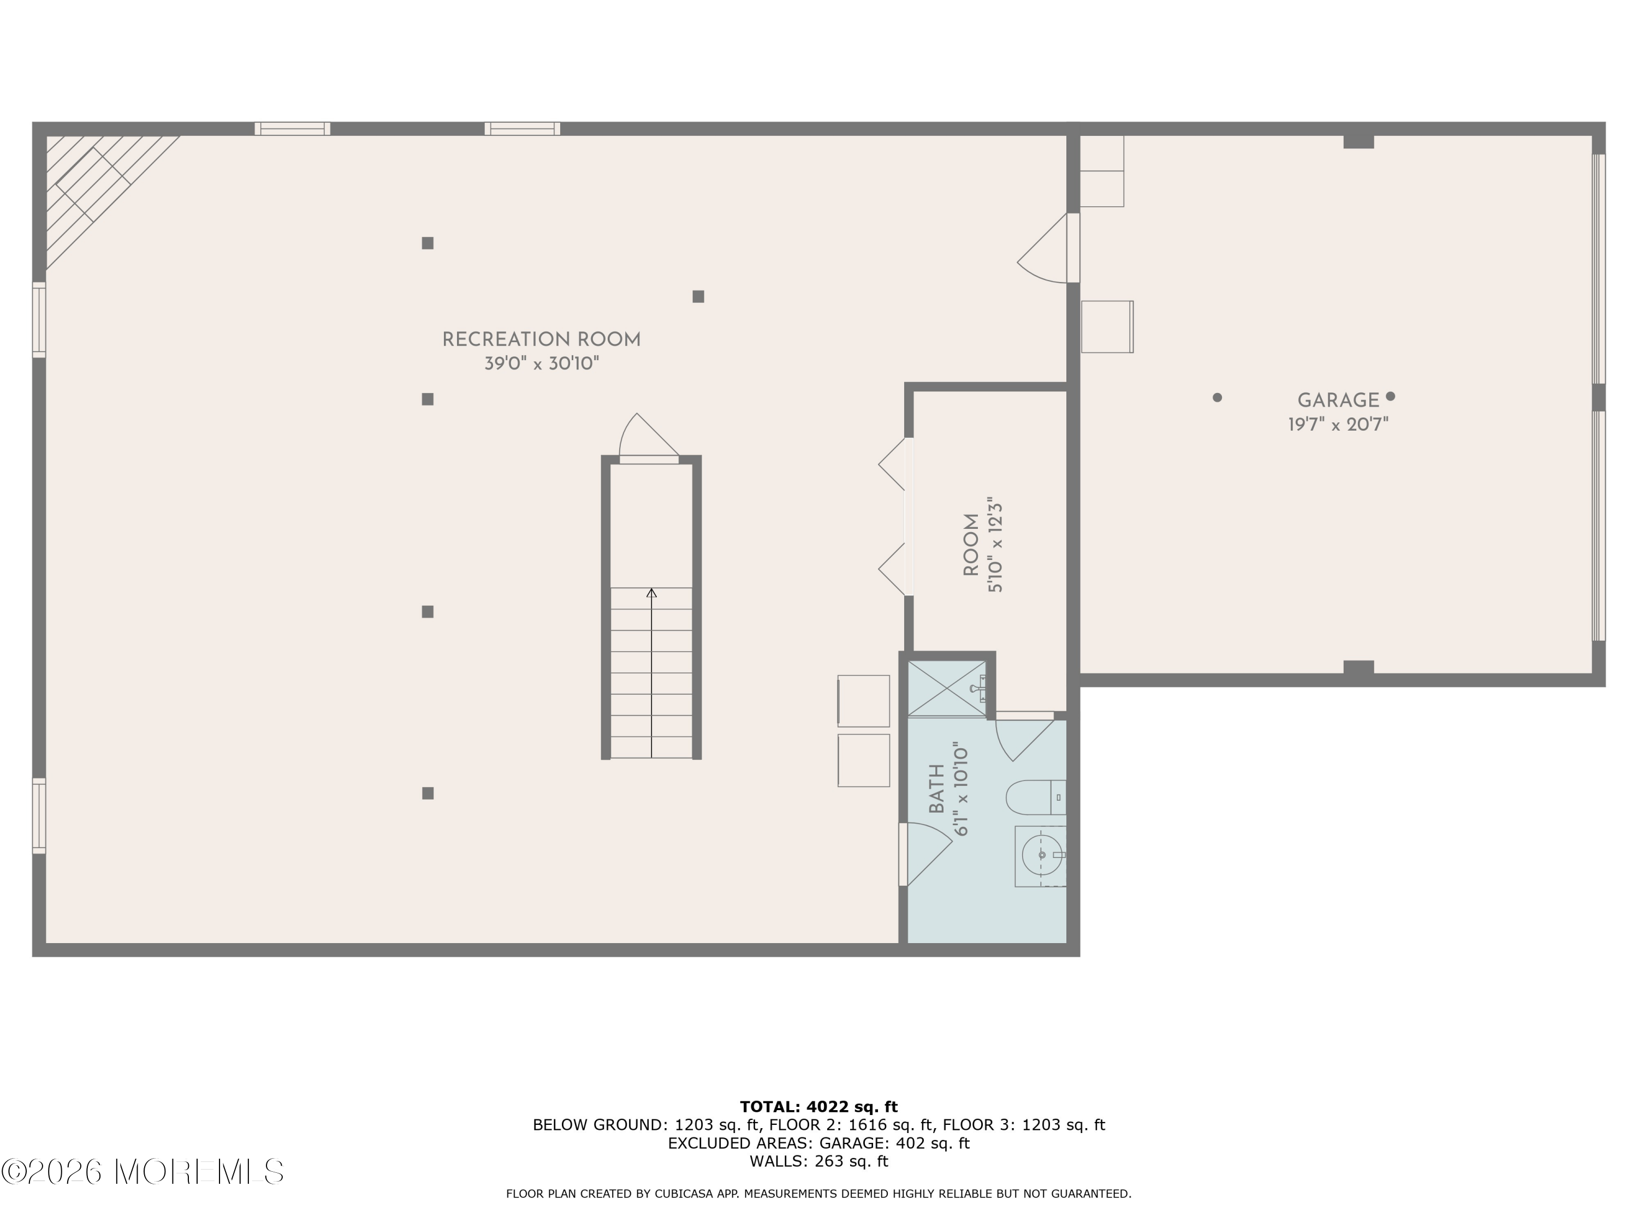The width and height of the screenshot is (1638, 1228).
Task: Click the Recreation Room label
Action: [x=541, y=340]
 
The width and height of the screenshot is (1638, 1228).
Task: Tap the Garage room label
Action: [x=1338, y=401]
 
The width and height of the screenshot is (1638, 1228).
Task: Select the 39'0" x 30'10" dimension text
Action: [x=541, y=363]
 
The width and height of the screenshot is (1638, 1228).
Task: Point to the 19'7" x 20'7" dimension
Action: [x=1338, y=424]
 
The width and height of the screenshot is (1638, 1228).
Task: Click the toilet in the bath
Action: [x=1035, y=797]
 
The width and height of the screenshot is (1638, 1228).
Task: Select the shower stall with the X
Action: [x=947, y=688]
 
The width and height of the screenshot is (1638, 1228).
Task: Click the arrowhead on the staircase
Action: [x=651, y=593]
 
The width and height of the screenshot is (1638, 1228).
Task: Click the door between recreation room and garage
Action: [x=1047, y=248]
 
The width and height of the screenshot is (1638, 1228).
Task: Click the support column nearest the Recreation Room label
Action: [x=428, y=399]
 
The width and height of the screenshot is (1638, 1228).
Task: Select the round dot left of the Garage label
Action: [x=1216, y=397]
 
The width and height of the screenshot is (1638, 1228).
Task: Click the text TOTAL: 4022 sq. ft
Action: [x=819, y=1107]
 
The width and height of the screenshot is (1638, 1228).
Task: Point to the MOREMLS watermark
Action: [x=143, y=1172]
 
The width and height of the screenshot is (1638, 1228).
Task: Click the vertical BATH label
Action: [x=937, y=789]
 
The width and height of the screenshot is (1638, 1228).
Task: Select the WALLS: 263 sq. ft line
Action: [x=819, y=1161]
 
